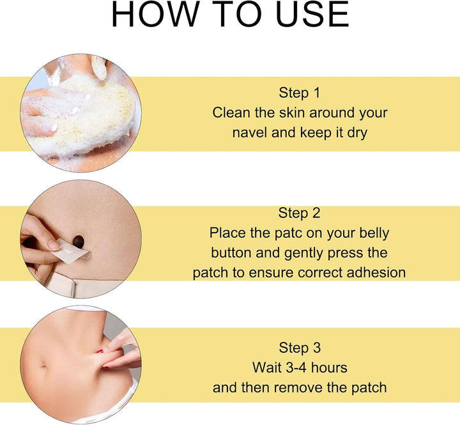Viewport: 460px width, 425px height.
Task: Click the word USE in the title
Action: pyautogui.click(x=312, y=14)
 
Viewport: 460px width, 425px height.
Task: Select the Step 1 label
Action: pyautogui.click(x=299, y=93)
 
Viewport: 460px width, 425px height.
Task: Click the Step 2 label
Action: pyautogui.click(x=299, y=213)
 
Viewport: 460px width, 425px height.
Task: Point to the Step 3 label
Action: pyautogui.click(x=300, y=348)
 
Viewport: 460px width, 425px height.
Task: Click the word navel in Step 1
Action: pyautogui.click(x=250, y=133)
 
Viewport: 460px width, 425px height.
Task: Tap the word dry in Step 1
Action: pyautogui.click(x=357, y=134)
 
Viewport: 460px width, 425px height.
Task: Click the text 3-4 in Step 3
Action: pyautogui.click(x=296, y=367)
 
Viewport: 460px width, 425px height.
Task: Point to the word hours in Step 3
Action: pyautogui.click(x=329, y=367)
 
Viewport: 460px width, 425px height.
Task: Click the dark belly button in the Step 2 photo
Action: pyautogui.click(x=79, y=242)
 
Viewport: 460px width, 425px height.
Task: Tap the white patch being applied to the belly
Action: pyautogui.click(x=70, y=252)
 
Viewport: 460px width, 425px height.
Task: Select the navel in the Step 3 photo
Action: pyautogui.click(x=43, y=367)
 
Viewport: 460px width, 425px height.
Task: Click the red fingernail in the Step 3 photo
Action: pyautogui.click(x=100, y=351)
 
